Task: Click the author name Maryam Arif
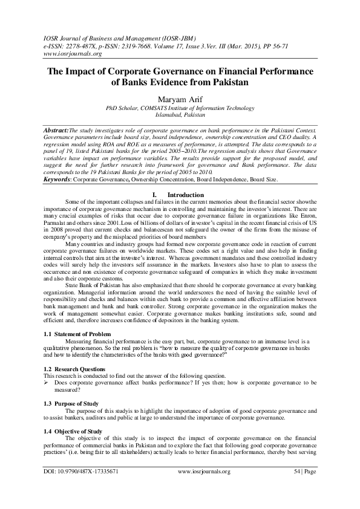point(180,99)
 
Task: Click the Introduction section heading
point(185,195)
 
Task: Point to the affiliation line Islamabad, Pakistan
point(180,114)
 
